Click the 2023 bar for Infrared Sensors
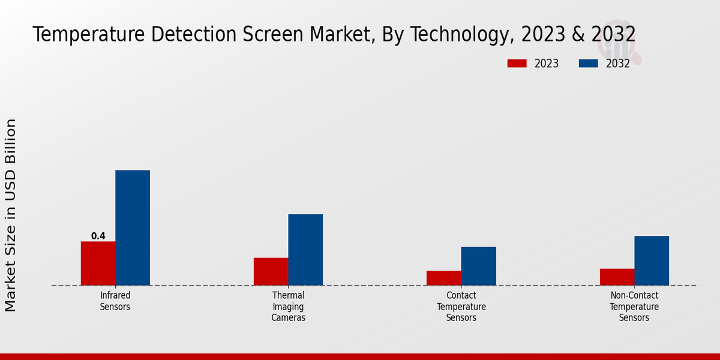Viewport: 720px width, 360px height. [98, 263]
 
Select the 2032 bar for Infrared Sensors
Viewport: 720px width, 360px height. [133, 228]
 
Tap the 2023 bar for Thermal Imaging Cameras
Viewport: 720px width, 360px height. [271, 271]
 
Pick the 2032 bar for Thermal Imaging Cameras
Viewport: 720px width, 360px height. [305, 250]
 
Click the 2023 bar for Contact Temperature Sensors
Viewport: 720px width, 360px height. [444, 278]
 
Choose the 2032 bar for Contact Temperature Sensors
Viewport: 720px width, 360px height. [479, 266]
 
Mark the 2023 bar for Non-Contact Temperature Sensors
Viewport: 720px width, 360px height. [617, 277]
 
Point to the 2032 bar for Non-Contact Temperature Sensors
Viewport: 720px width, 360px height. [652, 260]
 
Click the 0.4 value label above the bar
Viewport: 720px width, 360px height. [98, 236]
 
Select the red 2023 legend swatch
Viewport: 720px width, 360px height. [517, 64]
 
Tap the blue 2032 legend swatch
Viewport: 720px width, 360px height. [589, 64]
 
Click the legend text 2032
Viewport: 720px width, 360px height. [618, 64]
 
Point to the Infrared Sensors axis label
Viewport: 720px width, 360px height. [115, 301]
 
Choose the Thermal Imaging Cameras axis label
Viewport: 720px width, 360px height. [288, 306]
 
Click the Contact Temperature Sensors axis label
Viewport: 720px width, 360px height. [461, 306]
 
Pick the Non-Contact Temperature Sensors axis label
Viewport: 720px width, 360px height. [634, 306]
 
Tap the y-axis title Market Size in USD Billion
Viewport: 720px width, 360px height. [11, 215]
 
